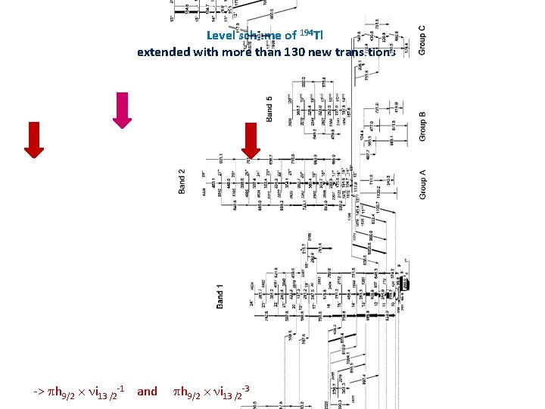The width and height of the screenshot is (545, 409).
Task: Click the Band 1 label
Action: pyautogui.click(x=220, y=295)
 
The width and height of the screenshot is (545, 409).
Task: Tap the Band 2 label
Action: pyautogui.click(x=182, y=180)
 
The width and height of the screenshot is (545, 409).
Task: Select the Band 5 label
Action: pyautogui.click(x=270, y=109)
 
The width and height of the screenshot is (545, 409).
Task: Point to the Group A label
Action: pyautogui.click(x=422, y=183)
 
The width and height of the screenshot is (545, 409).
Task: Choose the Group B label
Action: pyautogui.click(x=422, y=126)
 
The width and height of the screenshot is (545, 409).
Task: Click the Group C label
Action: pyautogui.click(x=422, y=40)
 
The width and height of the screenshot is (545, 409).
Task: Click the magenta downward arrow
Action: pyautogui.click(x=123, y=111)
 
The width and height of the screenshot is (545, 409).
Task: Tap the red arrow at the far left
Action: pyautogui.click(x=33, y=139)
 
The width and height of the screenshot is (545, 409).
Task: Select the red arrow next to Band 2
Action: pyautogui.click(x=251, y=142)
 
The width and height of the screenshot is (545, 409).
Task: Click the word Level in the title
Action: pyautogui.click(x=221, y=36)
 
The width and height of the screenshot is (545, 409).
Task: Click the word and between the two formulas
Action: pyautogui.click(x=147, y=392)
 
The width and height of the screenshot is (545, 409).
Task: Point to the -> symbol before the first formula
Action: pyautogui.click(x=39, y=392)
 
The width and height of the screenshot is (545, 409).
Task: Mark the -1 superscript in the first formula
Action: pyautogui.click(x=120, y=387)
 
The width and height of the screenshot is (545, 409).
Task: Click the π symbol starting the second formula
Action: pyautogui.click(x=178, y=392)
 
